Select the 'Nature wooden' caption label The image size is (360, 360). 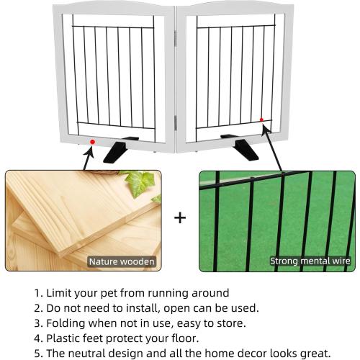[121, 261]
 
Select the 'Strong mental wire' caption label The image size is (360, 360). [310, 261]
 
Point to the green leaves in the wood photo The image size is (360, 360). [144, 184]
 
